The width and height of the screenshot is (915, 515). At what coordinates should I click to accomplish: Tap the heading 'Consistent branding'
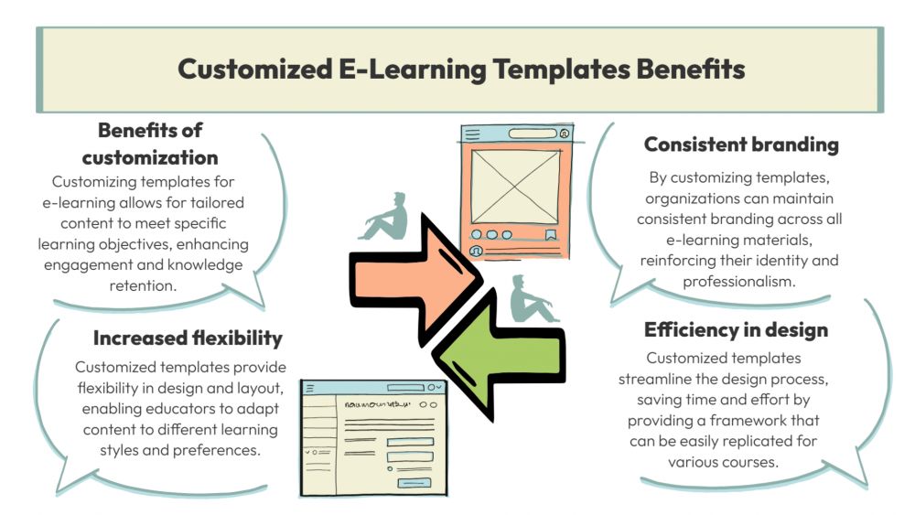click(x=741, y=145)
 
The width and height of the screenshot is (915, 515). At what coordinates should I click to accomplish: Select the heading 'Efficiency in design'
click(x=736, y=330)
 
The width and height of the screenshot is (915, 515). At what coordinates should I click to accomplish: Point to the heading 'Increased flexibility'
click(x=188, y=338)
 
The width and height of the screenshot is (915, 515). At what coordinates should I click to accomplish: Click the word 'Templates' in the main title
click(x=562, y=69)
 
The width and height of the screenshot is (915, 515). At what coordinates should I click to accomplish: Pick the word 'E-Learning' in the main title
click(x=413, y=70)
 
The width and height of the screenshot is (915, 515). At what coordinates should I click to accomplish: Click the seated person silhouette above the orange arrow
click(x=384, y=216)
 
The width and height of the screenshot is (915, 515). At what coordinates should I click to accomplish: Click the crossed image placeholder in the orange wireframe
click(x=515, y=186)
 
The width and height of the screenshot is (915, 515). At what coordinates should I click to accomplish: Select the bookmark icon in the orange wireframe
click(x=550, y=235)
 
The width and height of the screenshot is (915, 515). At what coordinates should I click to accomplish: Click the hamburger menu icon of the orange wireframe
click(x=473, y=134)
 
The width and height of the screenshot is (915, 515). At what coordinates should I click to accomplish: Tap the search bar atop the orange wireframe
click(x=533, y=134)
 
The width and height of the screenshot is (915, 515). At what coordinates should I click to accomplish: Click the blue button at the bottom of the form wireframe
click(x=414, y=483)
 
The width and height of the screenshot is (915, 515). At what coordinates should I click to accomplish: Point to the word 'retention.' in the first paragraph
click(x=143, y=285)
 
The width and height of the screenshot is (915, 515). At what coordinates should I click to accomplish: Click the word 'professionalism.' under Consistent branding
click(x=738, y=282)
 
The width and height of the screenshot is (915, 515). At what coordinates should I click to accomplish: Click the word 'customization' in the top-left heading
click(x=150, y=158)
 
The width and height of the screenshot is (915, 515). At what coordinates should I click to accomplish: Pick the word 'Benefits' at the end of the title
click(x=691, y=69)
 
